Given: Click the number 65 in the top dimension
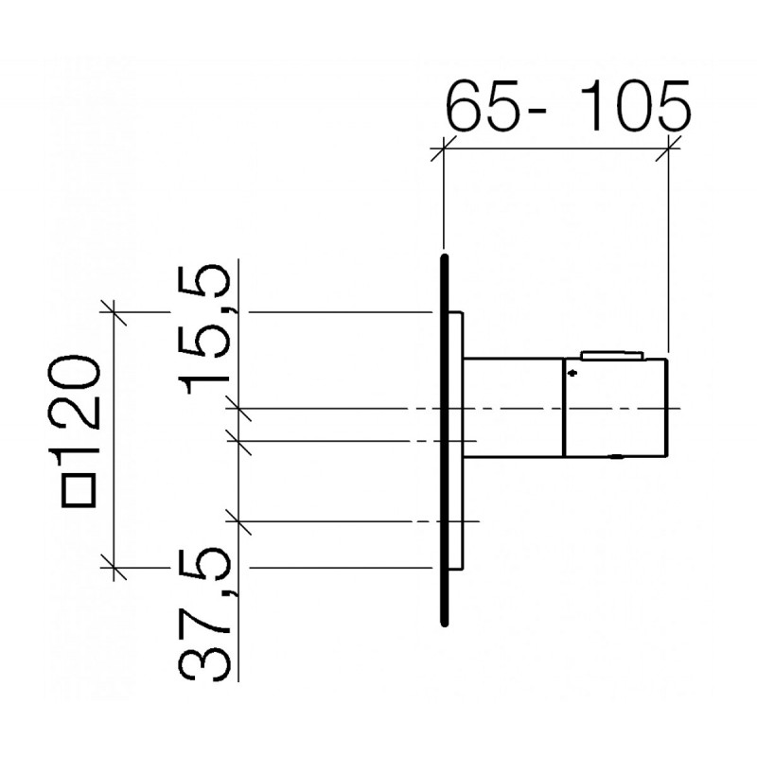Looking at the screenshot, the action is (x=484, y=107).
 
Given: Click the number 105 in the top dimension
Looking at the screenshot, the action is (x=636, y=107).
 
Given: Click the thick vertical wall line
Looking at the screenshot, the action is (x=445, y=440).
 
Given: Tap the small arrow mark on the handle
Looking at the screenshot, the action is (x=572, y=372).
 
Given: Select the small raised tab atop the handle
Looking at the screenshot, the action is (x=612, y=356).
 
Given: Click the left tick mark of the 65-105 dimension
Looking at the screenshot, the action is (x=444, y=149).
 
